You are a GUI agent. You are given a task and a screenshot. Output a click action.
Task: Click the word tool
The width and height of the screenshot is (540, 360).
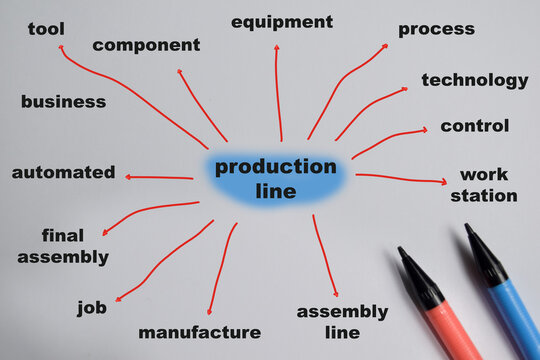tap(46, 29)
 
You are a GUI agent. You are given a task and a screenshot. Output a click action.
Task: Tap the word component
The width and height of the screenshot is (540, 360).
tap(146, 45)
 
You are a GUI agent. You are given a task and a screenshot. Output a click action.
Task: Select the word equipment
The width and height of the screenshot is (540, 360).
tap(282, 22)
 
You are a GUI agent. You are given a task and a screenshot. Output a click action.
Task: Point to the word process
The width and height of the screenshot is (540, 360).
tap(436, 29)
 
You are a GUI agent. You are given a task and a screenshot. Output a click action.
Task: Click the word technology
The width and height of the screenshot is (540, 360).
tap(474, 80)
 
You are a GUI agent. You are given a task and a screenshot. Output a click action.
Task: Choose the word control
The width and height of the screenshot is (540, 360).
tap(474, 126)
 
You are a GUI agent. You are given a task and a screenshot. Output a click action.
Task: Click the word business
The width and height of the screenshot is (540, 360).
tap(63, 101)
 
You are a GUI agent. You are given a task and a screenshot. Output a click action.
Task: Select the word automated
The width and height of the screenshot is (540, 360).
tap(63, 172)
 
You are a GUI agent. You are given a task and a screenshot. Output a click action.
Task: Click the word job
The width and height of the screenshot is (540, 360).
tap(92, 308)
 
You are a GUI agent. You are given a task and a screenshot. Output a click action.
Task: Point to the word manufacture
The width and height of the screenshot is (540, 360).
tap(199, 332)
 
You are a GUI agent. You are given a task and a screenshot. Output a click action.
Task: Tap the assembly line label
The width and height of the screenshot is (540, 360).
tap(342, 321)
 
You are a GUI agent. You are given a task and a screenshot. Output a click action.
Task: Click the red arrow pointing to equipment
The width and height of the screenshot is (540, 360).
tap(278, 90)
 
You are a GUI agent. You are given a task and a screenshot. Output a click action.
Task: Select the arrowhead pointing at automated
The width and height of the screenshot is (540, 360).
tap(129, 177)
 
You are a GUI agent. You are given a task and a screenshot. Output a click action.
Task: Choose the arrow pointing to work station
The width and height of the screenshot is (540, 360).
tap(400, 179)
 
